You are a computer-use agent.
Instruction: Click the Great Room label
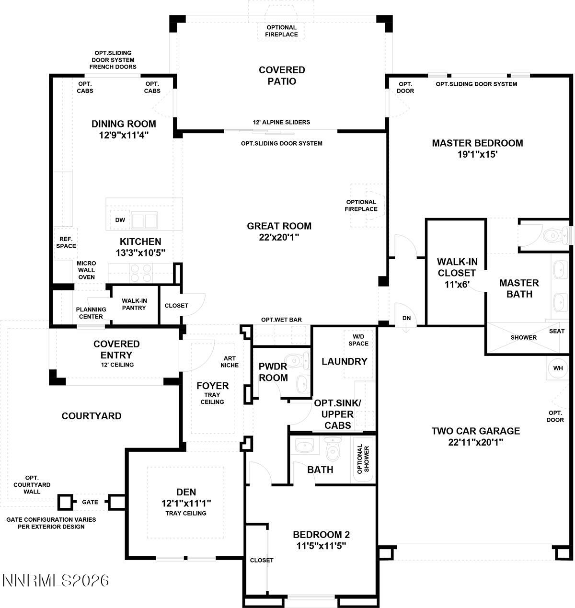[279, 226]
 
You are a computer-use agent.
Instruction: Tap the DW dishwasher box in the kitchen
[120, 220]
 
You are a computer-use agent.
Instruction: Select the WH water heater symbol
[558, 368]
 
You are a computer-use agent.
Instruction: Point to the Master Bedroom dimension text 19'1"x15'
[477, 154]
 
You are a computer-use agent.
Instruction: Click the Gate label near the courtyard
[90, 502]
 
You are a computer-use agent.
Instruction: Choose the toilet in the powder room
[292, 360]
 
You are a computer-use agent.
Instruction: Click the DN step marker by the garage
[406, 318]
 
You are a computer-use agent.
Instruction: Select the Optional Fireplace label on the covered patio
[282, 31]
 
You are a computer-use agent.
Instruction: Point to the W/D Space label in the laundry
[358, 340]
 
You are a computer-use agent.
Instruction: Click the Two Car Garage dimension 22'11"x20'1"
[475, 442]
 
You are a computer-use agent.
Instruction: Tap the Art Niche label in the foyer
[230, 362]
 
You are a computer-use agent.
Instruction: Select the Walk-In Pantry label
[134, 304]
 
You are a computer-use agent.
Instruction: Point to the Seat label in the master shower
[557, 331]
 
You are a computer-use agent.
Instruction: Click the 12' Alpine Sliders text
[281, 122]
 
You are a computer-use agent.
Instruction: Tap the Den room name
[186, 492]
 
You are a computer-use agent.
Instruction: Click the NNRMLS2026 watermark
[56, 581]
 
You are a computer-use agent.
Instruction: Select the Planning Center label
[91, 313]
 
